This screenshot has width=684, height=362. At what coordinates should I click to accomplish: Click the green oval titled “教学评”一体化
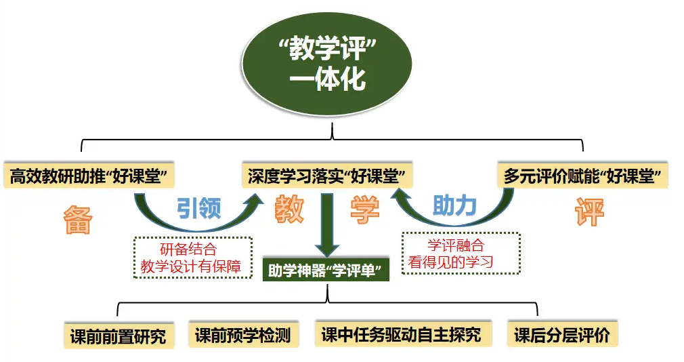coord(327,64)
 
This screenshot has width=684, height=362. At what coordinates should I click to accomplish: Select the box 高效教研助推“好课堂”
coord(89,176)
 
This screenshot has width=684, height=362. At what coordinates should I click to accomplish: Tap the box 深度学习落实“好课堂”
coord(327,176)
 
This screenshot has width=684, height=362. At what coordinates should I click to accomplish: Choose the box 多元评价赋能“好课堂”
coord(583,176)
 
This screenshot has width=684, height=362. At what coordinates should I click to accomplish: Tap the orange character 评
coord(589,212)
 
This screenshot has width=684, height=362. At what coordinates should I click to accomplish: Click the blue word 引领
coord(198,208)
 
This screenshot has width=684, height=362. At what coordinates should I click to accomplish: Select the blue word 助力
coord(454,205)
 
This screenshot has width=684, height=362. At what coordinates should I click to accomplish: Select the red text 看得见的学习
coord(460,262)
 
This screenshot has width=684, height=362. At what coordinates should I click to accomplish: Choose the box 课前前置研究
coord(118,336)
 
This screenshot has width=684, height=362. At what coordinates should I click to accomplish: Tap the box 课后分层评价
coord(562,334)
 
